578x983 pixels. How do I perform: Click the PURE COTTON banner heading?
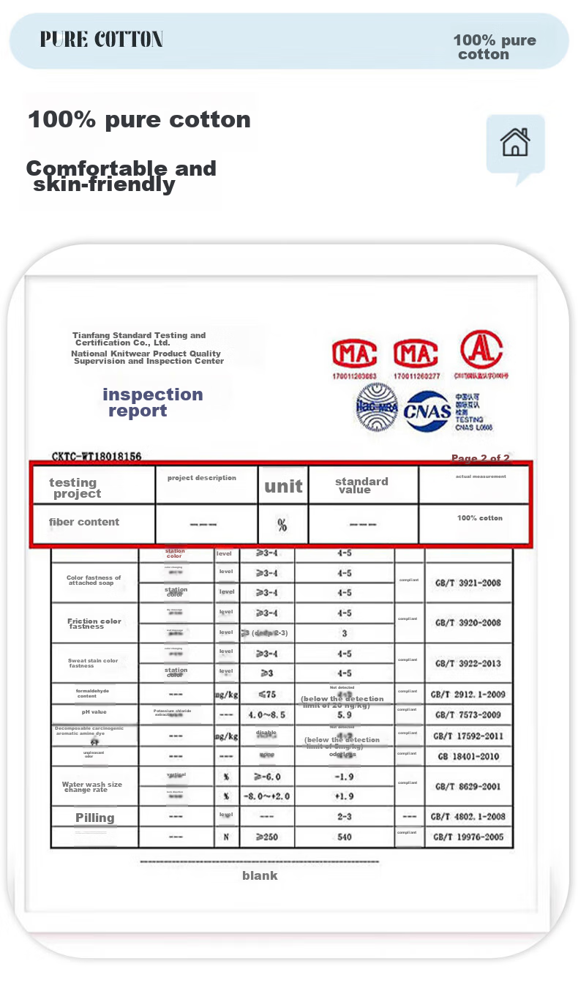(102, 40)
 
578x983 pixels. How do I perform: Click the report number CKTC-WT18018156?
(97, 457)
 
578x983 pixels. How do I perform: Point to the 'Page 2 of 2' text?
(480, 458)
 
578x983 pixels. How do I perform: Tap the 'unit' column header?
(283, 487)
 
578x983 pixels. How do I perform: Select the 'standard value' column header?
(361, 485)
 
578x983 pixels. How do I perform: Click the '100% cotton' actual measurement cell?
(480, 518)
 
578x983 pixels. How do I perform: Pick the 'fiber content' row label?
(84, 522)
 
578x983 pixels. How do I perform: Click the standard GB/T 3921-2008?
(468, 583)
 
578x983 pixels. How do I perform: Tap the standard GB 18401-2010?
(468, 756)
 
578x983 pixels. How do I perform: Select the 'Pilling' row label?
(95, 818)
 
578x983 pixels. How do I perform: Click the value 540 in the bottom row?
(344, 837)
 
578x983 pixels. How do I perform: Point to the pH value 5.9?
(344, 714)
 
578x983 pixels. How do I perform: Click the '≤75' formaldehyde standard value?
(267, 695)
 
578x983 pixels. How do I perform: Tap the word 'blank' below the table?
(260, 875)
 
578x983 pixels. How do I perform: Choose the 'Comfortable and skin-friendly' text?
(121, 176)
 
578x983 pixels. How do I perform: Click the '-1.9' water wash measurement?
(344, 777)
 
